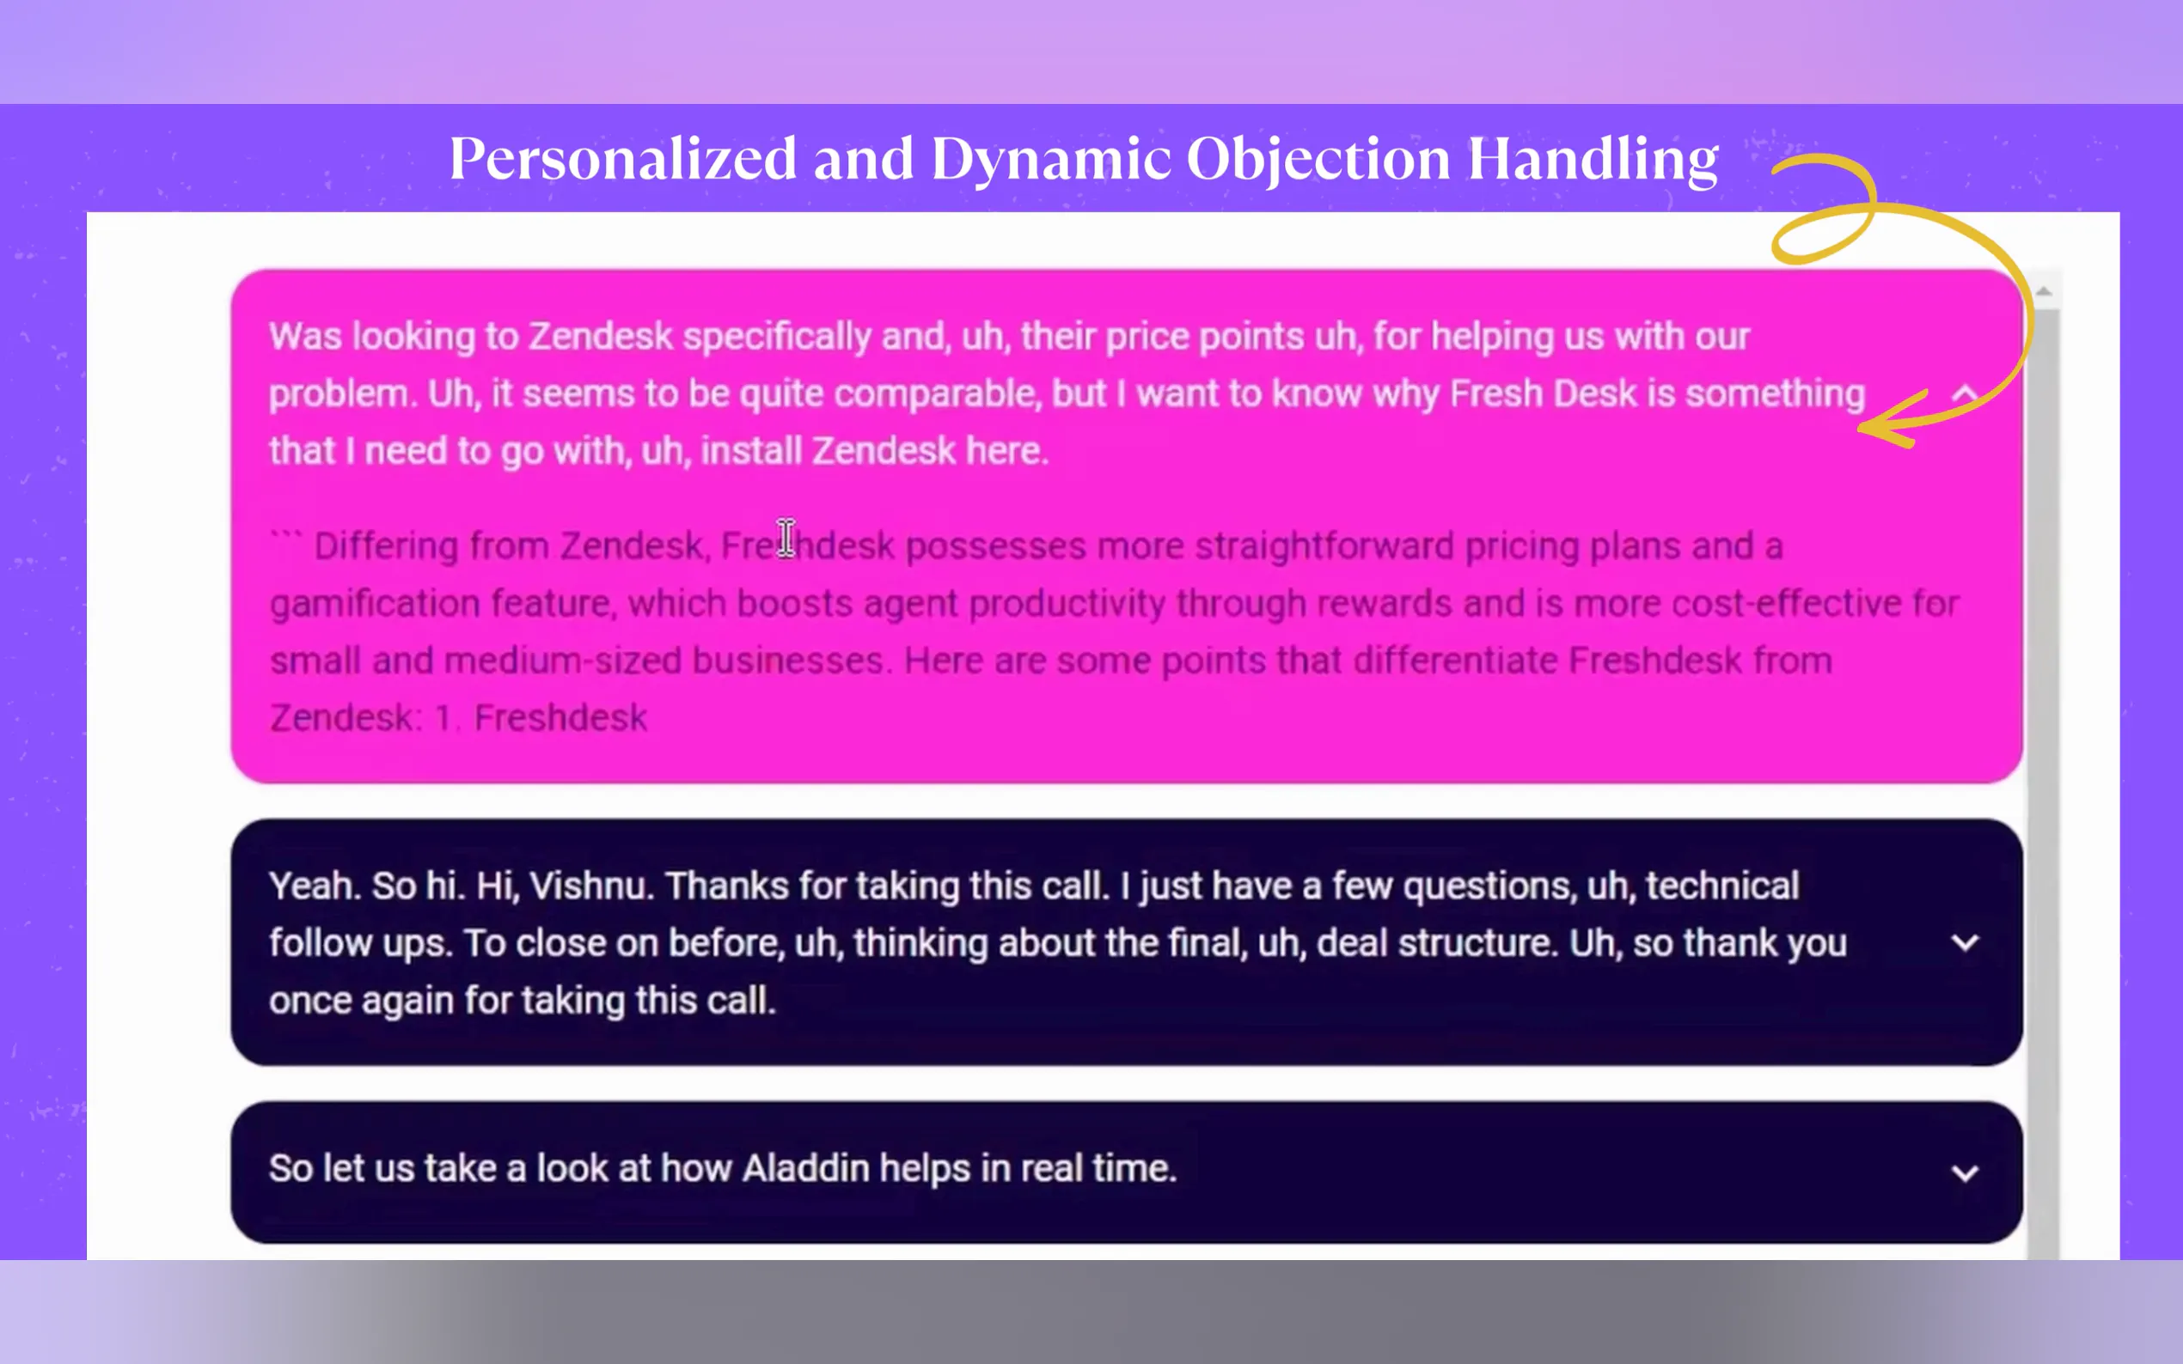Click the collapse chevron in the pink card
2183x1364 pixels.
pyautogui.click(x=1965, y=393)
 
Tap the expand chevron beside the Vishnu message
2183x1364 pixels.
pyautogui.click(x=1965, y=944)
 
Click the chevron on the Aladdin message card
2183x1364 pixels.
pyautogui.click(x=1965, y=1172)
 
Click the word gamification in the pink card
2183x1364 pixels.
pyautogui.click(x=375, y=605)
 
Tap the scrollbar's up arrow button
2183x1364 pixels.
pyautogui.click(x=2044, y=290)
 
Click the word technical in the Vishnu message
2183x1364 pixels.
pyautogui.click(x=1722, y=886)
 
